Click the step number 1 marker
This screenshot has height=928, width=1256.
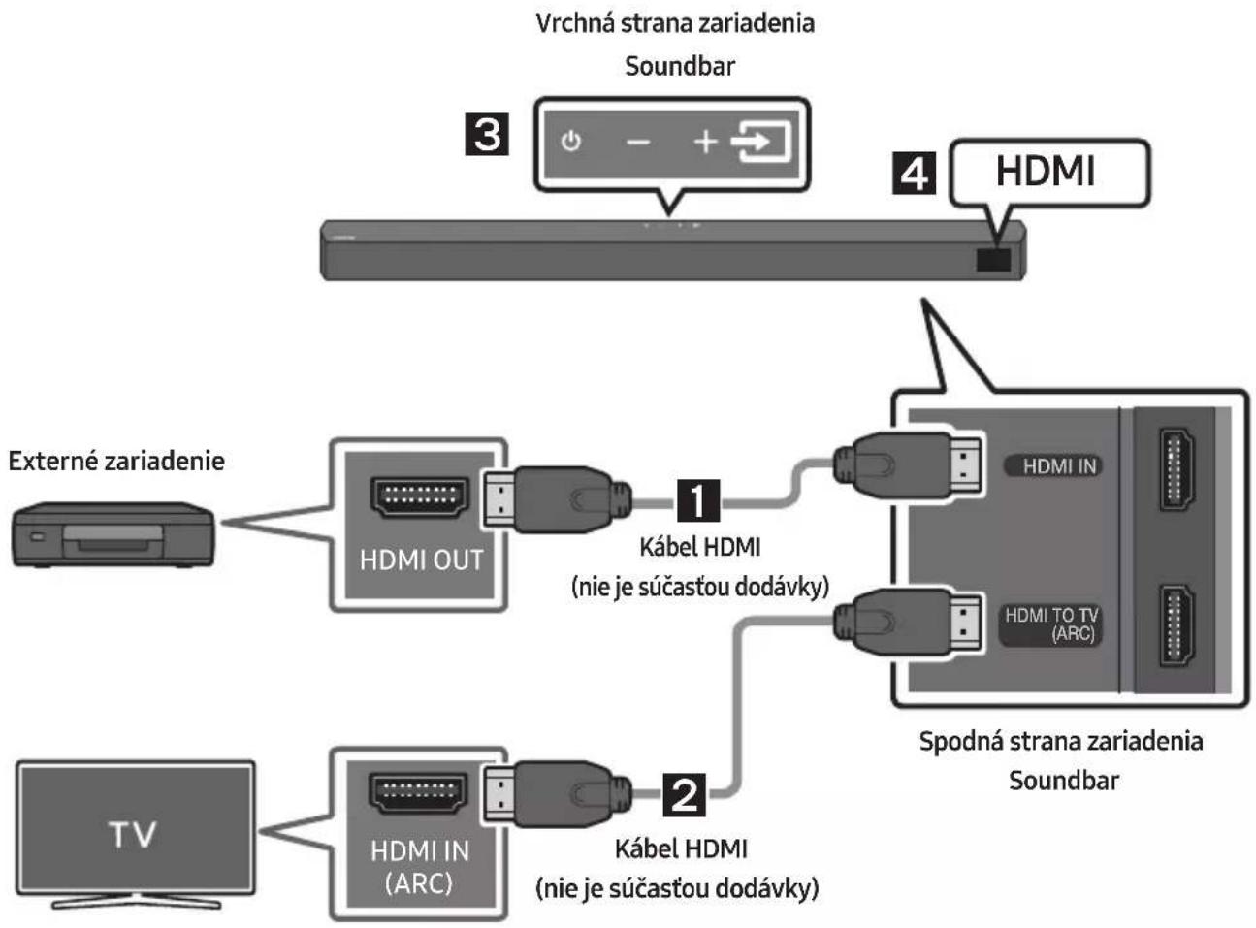pos(697,500)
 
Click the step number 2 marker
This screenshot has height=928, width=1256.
pos(684,794)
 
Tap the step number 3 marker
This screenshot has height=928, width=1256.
pos(487,134)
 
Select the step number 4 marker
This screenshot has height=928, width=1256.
pos(914,173)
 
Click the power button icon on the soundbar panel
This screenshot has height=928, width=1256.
pos(570,141)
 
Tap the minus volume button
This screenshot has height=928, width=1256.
pos(638,142)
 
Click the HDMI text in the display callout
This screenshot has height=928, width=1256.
pos(1046,172)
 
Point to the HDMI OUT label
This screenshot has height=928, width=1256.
pos(421,560)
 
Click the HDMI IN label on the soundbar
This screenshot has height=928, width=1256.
pos(1059,466)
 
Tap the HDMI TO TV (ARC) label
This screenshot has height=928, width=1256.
pos(1051,624)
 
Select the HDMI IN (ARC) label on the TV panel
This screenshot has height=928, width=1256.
pos(420,867)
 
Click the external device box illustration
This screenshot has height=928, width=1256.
pos(113,534)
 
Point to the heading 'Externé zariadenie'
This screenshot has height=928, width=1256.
pos(116,461)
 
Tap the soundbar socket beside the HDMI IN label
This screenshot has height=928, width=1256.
pos(1176,469)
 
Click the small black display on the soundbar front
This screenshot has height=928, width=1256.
pos(993,260)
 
